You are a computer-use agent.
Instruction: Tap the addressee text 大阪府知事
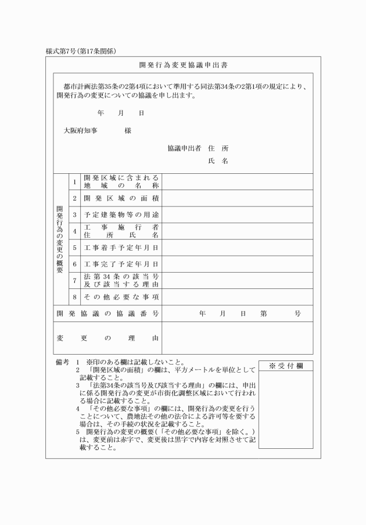(81, 131)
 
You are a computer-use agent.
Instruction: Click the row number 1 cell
(74, 181)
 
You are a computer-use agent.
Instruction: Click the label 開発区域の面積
(121, 198)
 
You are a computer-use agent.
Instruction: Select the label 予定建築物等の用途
(121, 215)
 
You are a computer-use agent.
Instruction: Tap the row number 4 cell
(74, 231)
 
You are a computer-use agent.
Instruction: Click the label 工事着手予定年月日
(121, 248)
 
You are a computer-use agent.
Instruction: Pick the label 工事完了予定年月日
(121, 264)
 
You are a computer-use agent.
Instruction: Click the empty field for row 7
(237, 280)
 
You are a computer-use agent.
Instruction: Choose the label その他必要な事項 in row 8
(121, 297)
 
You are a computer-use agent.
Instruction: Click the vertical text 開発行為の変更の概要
(60, 239)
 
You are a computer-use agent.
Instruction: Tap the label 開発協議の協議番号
(108, 313)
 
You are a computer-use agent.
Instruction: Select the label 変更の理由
(108, 338)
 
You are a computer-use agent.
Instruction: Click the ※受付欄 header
(285, 366)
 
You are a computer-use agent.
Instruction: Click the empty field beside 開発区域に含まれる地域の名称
(237, 181)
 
